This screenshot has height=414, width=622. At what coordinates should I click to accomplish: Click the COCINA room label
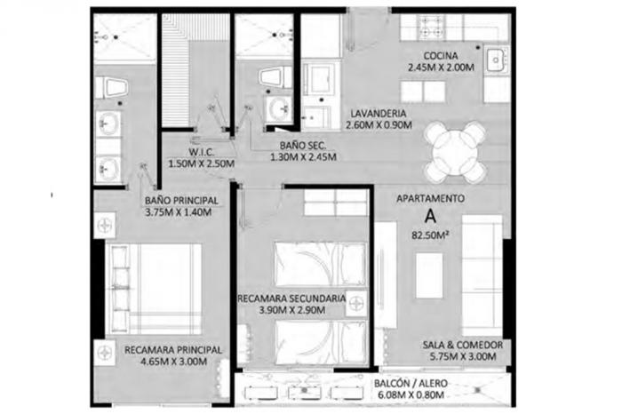[441, 56]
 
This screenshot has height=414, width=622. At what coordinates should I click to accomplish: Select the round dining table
[455, 152]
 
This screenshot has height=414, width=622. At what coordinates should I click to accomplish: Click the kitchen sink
[496, 60]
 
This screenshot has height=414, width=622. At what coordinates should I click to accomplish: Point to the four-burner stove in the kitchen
[430, 26]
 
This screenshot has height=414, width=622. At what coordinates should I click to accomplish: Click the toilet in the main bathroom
[111, 88]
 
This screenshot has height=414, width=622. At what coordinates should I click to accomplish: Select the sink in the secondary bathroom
[278, 108]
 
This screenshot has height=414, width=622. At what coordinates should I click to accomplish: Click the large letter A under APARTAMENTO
[430, 217]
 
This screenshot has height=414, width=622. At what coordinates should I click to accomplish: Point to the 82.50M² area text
[430, 235]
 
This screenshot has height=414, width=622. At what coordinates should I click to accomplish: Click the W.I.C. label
[202, 152]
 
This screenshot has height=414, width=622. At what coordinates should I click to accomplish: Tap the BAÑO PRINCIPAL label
[181, 201]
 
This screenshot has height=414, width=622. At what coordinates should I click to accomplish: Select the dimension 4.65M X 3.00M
[174, 362]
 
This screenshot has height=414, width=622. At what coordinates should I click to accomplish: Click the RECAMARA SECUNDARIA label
[291, 299]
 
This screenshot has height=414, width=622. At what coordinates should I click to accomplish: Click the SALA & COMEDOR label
[463, 345]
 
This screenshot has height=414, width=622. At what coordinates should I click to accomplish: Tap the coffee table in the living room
[429, 275]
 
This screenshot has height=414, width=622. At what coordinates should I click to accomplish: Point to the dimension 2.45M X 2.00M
[441, 68]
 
